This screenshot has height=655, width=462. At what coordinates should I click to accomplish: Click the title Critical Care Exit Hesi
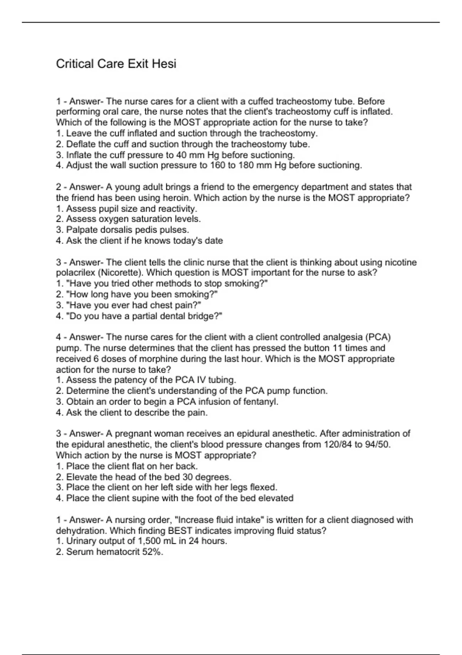116,64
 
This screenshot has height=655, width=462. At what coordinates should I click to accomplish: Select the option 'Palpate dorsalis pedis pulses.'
122,230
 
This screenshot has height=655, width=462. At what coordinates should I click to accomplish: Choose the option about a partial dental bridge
139,316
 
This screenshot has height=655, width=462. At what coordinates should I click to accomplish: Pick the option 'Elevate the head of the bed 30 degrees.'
144,477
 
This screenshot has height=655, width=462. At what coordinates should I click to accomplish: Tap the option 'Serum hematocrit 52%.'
110,552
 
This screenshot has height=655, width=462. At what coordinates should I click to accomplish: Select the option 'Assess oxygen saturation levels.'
129,219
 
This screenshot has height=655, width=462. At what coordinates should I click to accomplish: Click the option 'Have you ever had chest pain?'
129,305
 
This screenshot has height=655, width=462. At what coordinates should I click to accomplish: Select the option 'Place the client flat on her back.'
127,466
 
